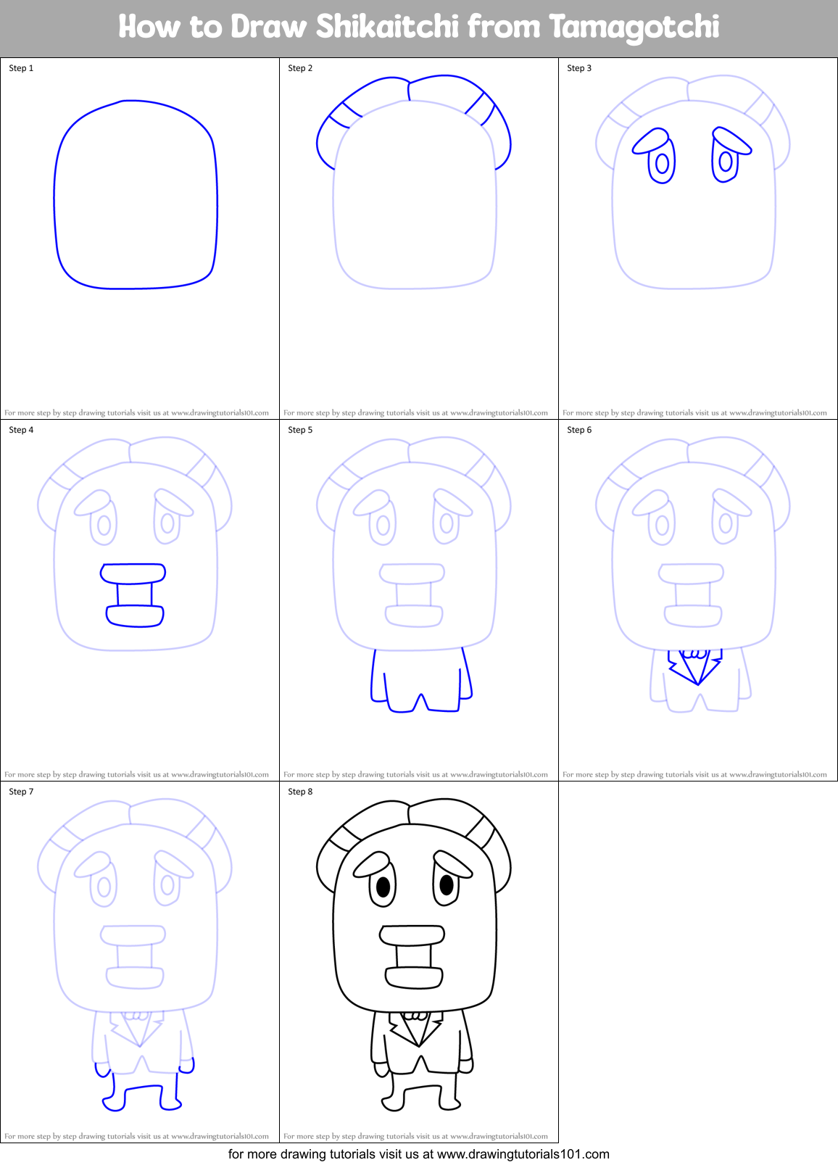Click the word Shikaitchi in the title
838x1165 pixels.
(x=388, y=27)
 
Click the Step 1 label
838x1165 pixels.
(x=21, y=68)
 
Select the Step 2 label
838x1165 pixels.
(x=300, y=68)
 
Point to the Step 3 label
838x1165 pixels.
(x=579, y=68)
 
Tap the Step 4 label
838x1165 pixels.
(x=21, y=430)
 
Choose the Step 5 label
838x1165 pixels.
(x=300, y=430)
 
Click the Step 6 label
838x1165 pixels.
(x=579, y=430)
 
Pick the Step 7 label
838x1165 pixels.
(x=21, y=792)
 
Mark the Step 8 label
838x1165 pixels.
(x=300, y=792)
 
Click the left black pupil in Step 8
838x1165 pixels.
(x=383, y=886)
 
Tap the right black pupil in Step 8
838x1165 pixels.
(x=447, y=884)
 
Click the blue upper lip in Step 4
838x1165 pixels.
(x=133, y=573)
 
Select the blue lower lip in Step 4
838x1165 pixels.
(x=135, y=616)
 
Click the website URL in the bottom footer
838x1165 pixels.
(x=523, y=1154)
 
